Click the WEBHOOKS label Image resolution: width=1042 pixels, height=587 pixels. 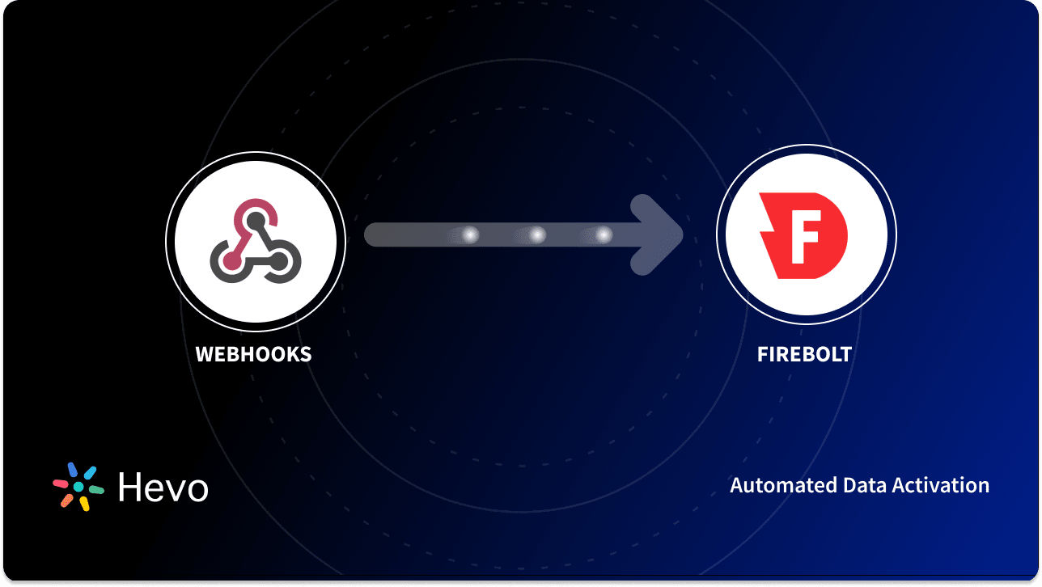[x=253, y=354]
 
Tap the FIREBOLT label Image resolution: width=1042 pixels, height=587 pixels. [x=804, y=354]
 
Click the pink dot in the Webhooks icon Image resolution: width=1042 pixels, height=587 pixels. [x=231, y=260]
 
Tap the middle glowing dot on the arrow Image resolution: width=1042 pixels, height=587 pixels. [x=536, y=235]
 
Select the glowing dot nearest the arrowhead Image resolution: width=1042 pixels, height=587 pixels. [x=603, y=235]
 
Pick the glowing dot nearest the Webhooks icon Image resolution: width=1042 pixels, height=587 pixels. [x=469, y=235]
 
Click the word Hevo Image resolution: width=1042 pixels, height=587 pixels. [x=163, y=488]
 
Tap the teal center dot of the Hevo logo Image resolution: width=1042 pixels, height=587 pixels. [x=78, y=487]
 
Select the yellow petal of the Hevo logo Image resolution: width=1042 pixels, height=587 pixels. [x=84, y=504]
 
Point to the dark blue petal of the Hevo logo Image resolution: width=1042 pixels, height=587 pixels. [x=73, y=469]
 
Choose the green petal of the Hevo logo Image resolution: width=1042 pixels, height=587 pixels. [x=96, y=490]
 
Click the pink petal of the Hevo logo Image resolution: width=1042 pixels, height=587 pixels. [x=61, y=484]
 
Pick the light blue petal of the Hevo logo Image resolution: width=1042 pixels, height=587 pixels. [x=90, y=472]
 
